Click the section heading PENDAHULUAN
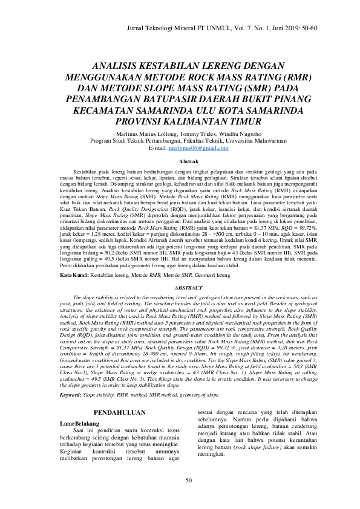[x=120, y=413]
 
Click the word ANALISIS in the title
[x=120, y=68]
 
